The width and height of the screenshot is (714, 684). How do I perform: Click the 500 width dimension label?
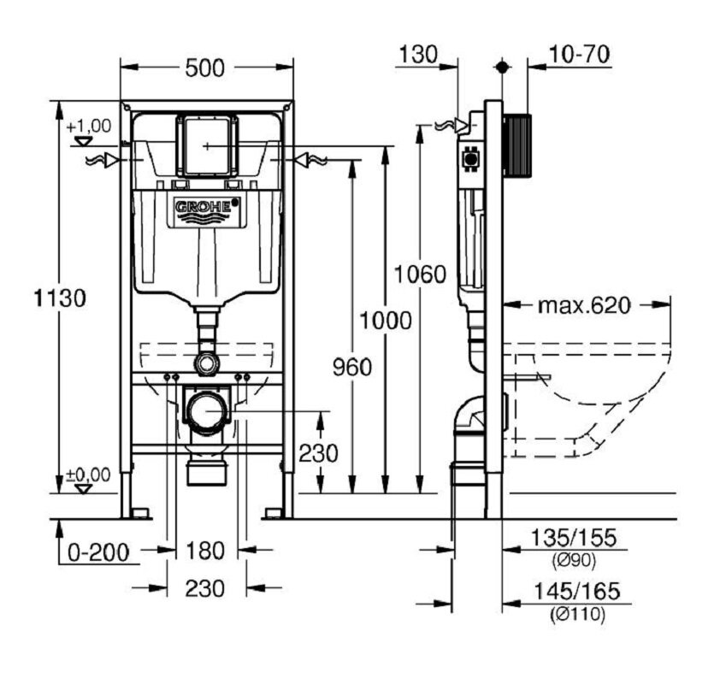pos(205,68)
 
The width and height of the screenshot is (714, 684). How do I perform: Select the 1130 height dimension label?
pos(60,298)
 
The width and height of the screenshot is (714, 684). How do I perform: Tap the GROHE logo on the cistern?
pos(207,206)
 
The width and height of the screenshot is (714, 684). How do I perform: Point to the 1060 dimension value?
pos(420,274)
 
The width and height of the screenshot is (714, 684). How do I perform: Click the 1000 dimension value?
pos(386,320)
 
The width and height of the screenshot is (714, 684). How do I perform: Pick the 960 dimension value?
pos(352,367)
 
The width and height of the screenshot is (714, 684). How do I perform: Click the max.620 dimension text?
pos(584,305)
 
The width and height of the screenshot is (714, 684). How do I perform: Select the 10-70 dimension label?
pos(579,54)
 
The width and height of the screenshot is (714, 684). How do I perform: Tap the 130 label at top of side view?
pos(418,54)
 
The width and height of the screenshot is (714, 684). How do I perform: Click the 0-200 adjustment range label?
pos(99,553)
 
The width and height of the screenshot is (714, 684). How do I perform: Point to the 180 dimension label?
pos(205,551)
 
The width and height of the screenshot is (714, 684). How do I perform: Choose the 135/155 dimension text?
pos(574,538)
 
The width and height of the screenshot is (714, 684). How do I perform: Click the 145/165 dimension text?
pos(576,591)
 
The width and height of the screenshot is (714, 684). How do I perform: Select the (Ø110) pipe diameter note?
pos(577,616)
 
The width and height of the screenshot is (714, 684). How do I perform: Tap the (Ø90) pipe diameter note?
pos(574,562)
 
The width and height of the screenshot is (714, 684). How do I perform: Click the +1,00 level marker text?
pos(89,126)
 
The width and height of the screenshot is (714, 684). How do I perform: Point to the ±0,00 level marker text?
pos(89,475)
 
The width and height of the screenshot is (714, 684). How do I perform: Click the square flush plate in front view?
pos(207,145)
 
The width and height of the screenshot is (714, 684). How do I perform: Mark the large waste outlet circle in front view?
pos(207,410)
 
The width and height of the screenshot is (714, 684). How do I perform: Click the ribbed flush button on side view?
pos(516,145)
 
